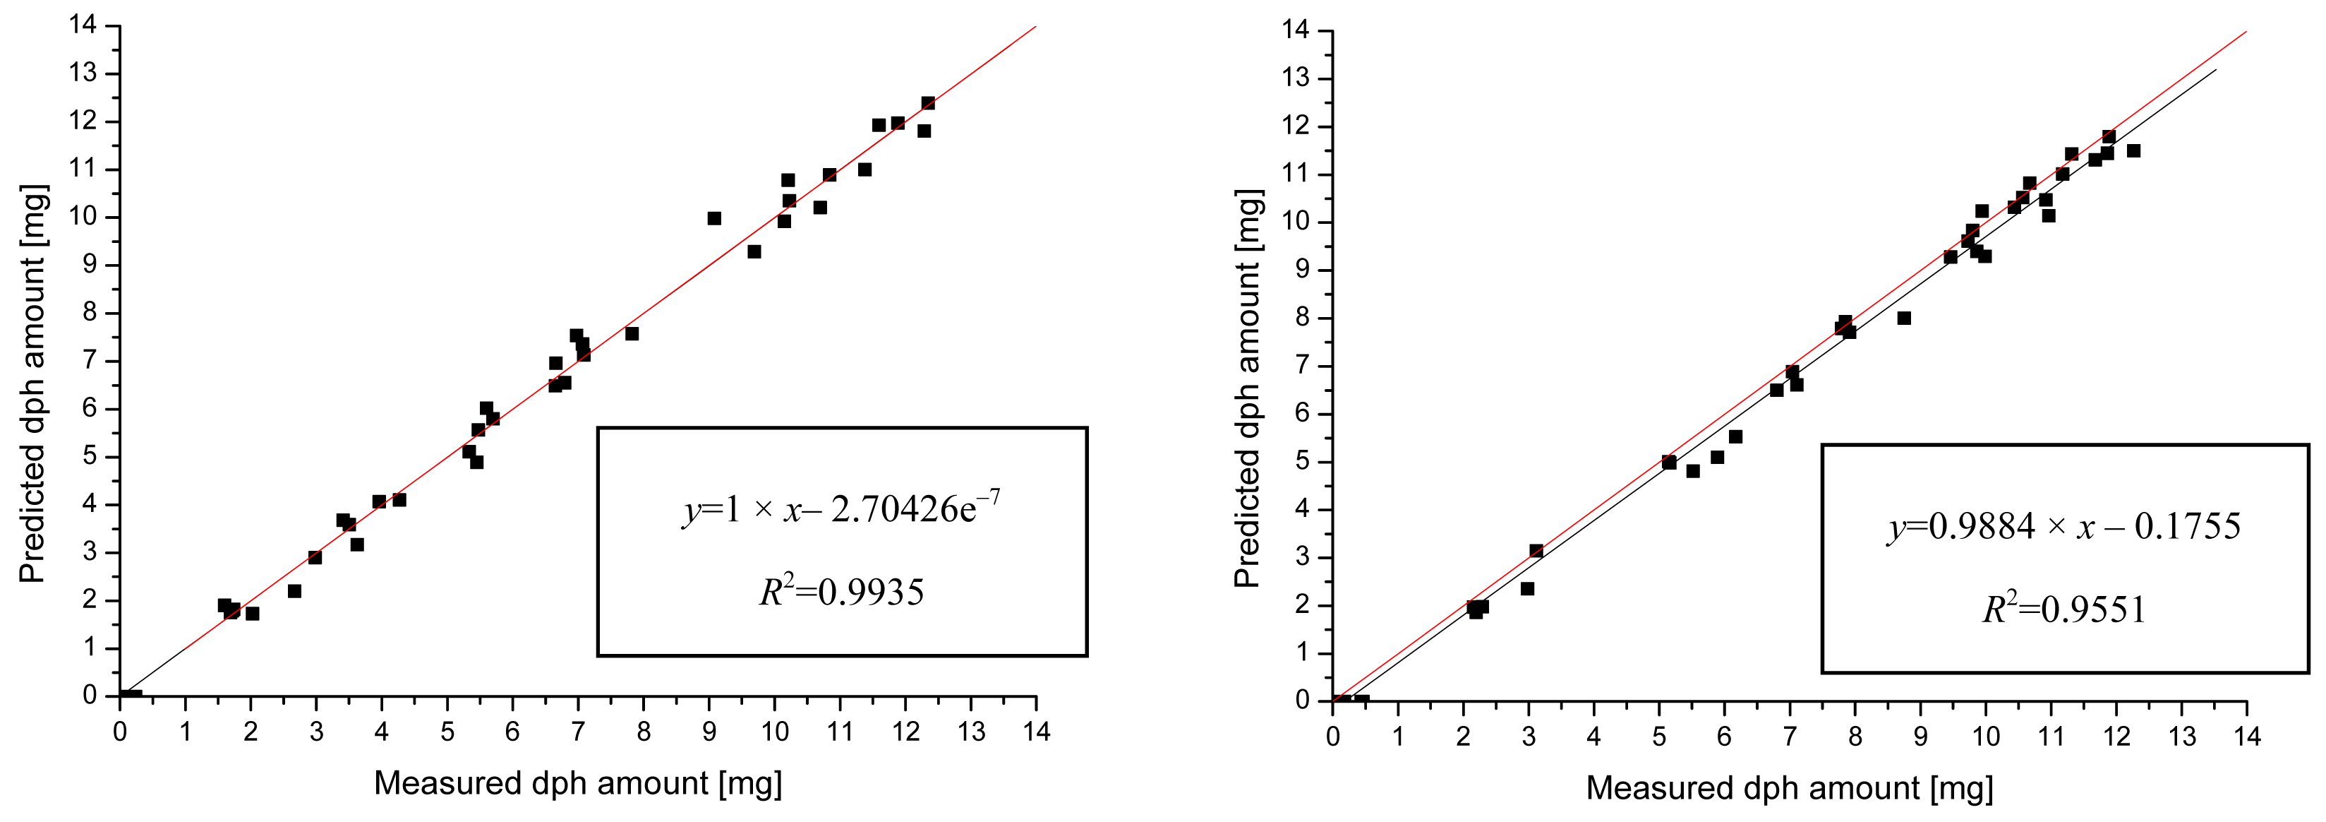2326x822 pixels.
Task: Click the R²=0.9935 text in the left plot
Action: tap(841, 592)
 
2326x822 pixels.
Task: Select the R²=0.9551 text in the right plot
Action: tap(2064, 609)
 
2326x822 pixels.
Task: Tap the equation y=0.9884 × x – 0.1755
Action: tap(2064, 525)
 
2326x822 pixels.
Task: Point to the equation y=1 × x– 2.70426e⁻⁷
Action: tap(841, 509)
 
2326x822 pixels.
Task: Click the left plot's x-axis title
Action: tap(578, 783)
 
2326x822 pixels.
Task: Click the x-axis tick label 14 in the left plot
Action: tap(1037, 732)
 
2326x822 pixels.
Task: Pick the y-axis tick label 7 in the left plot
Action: tap(90, 360)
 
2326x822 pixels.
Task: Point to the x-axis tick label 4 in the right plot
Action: tap(1593, 736)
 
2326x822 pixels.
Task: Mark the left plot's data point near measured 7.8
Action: tap(632, 334)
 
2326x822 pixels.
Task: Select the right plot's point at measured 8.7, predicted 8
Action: tap(1904, 318)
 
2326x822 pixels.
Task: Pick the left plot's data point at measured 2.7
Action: tap(294, 592)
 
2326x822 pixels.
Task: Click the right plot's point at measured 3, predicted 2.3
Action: tap(1528, 589)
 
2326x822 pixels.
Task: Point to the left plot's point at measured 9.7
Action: tap(754, 252)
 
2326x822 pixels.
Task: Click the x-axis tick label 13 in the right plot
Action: tap(2183, 736)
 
